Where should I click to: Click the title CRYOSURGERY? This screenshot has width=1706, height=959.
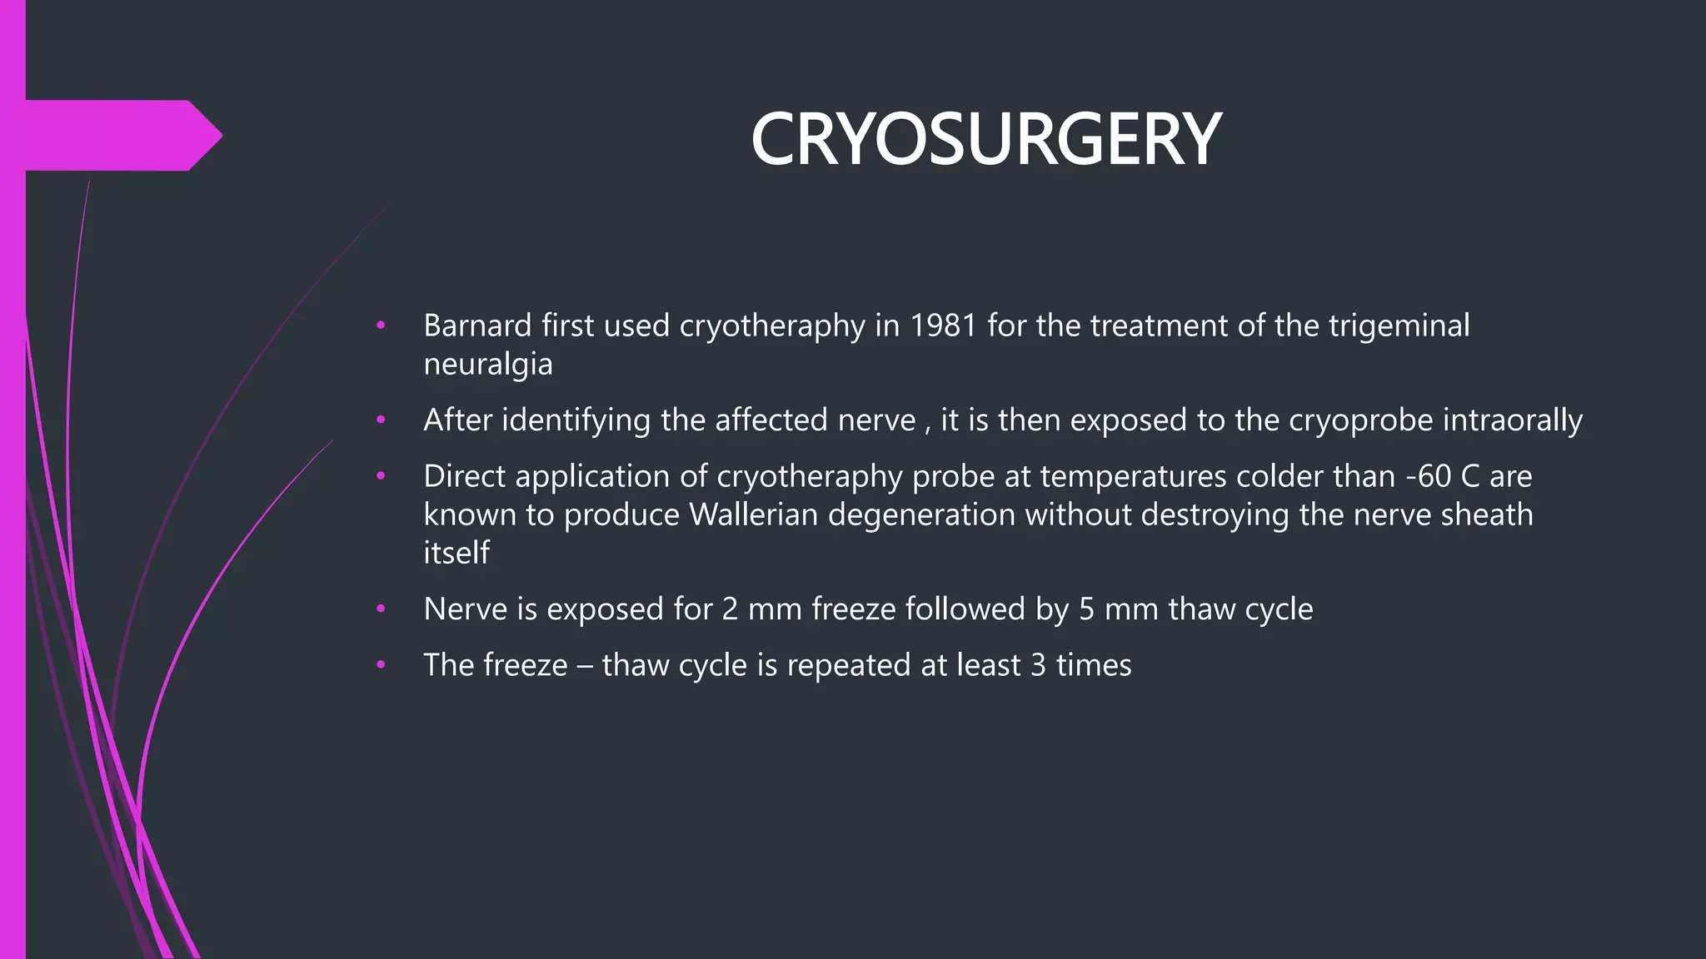coord(985,140)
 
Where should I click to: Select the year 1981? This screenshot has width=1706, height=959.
coord(943,325)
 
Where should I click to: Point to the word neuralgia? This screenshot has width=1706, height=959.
coord(487,365)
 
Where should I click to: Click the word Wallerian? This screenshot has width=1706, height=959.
coord(753,514)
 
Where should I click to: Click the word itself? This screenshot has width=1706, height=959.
coord(456,553)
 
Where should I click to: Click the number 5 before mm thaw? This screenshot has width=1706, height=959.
coord(1086,609)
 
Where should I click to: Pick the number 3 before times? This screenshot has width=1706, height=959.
coord(1038,665)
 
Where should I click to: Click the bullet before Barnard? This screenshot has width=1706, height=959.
coord(381,325)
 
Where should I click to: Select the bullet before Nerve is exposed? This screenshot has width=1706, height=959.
coord(381,609)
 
